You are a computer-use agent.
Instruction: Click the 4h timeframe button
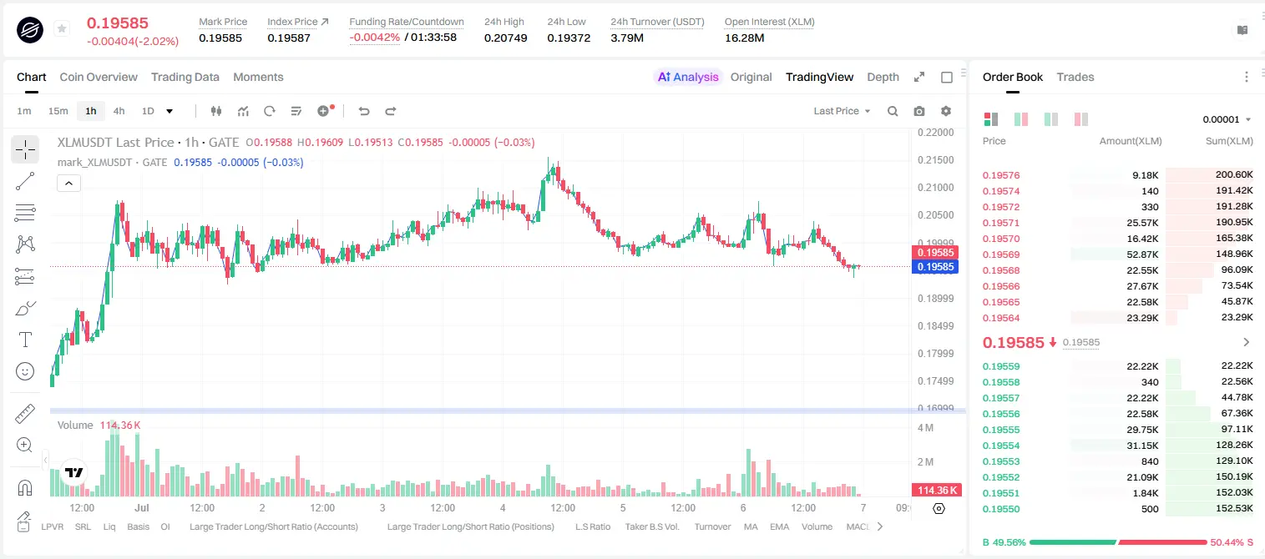tap(119, 111)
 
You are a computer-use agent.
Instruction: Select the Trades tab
tap(1075, 77)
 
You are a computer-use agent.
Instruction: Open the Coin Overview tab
tap(99, 77)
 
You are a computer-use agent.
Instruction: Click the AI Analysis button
tap(688, 77)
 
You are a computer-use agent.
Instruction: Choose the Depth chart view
tap(883, 77)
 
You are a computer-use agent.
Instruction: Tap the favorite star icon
tap(62, 28)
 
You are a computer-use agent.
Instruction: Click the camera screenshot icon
tap(918, 111)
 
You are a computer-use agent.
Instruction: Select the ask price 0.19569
tap(1000, 254)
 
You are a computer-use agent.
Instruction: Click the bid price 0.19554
tap(1000, 446)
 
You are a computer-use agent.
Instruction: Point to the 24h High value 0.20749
tap(505, 38)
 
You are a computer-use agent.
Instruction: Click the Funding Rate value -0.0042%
tap(374, 38)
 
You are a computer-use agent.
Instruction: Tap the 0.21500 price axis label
tap(936, 160)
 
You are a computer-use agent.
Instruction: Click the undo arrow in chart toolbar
tap(364, 111)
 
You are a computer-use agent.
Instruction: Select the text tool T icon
tap(25, 340)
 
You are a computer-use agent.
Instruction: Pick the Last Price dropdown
tap(842, 111)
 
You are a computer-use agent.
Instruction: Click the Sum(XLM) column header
tap(1229, 141)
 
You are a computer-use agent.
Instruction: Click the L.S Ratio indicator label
tap(592, 526)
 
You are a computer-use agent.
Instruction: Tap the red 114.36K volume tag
tap(937, 491)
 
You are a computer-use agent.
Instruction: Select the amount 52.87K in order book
tap(1142, 254)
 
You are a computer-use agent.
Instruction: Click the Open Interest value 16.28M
tap(744, 38)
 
